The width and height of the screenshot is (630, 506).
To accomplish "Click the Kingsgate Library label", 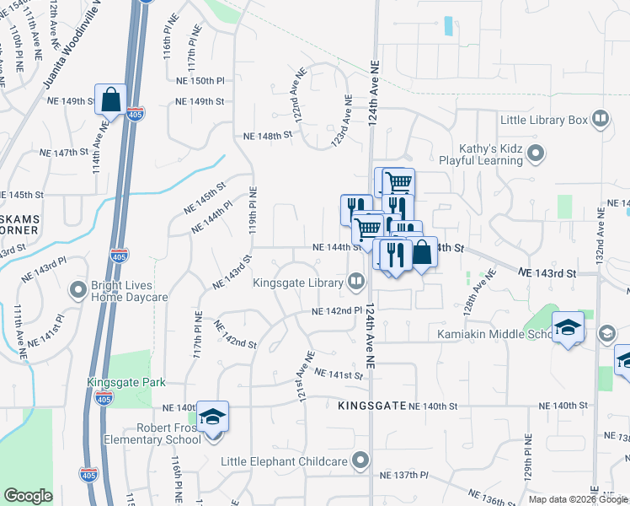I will [x=299, y=282].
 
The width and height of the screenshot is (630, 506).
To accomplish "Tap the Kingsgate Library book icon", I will [x=356, y=283].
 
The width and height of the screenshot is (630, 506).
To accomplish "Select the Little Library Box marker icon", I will [x=600, y=120].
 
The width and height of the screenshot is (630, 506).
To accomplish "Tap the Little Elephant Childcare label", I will [x=284, y=461].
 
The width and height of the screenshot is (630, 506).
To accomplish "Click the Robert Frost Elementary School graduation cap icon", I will [x=213, y=416].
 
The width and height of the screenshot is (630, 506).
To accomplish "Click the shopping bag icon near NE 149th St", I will [x=111, y=100].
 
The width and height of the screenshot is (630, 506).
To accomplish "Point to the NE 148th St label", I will [x=267, y=135].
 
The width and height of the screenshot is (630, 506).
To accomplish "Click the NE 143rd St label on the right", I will [x=547, y=274].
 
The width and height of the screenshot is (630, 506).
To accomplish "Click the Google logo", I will [x=28, y=496].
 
